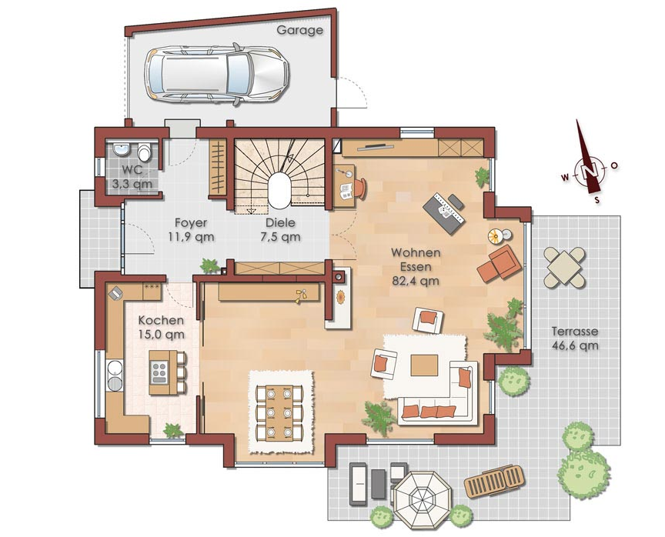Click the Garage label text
[x=299, y=31]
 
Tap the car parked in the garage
[x=217, y=75]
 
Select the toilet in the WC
[x=144, y=152]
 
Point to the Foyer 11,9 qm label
[x=191, y=229]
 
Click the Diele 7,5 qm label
[x=280, y=229]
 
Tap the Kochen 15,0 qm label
[x=161, y=327]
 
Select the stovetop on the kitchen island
[x=159, y=373]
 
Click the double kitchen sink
[x=115, y=375]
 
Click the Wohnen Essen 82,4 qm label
[x=416, y=267]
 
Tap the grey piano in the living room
[x=444, y=212]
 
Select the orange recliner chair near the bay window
[x=500, y=263]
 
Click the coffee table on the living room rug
[x=424, y=365]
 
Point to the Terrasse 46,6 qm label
[x=575, y=339]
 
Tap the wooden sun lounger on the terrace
[x=494, y=481]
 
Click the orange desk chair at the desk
[x=360, y=188]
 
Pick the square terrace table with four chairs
[x=564, y=267]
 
